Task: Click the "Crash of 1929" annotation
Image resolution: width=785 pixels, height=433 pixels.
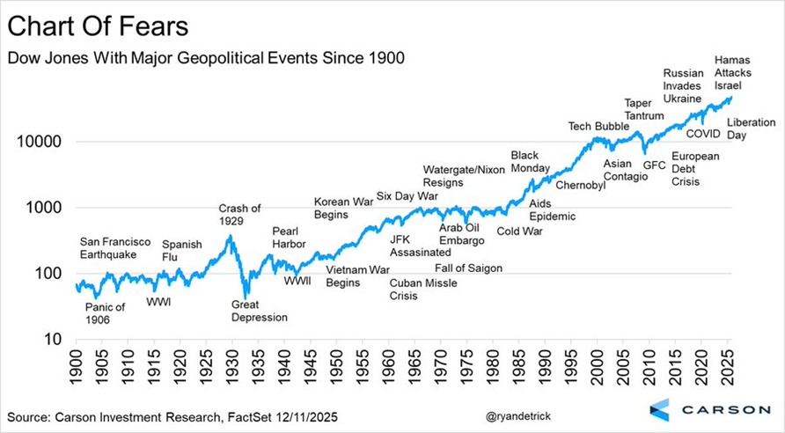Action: [240, 215]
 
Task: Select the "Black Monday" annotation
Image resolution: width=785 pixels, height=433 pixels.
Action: [530, 162]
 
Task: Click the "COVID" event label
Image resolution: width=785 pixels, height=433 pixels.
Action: [703, 134]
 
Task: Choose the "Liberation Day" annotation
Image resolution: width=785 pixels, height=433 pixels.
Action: [750, 128]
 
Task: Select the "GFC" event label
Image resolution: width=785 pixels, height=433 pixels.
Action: [655, 164]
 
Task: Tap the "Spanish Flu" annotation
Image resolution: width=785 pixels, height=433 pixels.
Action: [182, 251]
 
